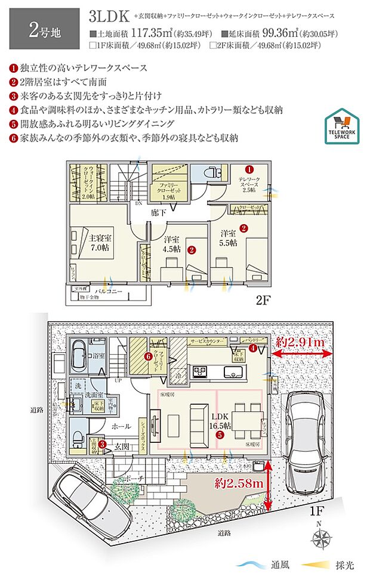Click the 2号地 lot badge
[41, 28]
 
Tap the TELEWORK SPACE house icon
[341, 126]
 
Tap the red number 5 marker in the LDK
[221, 435]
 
